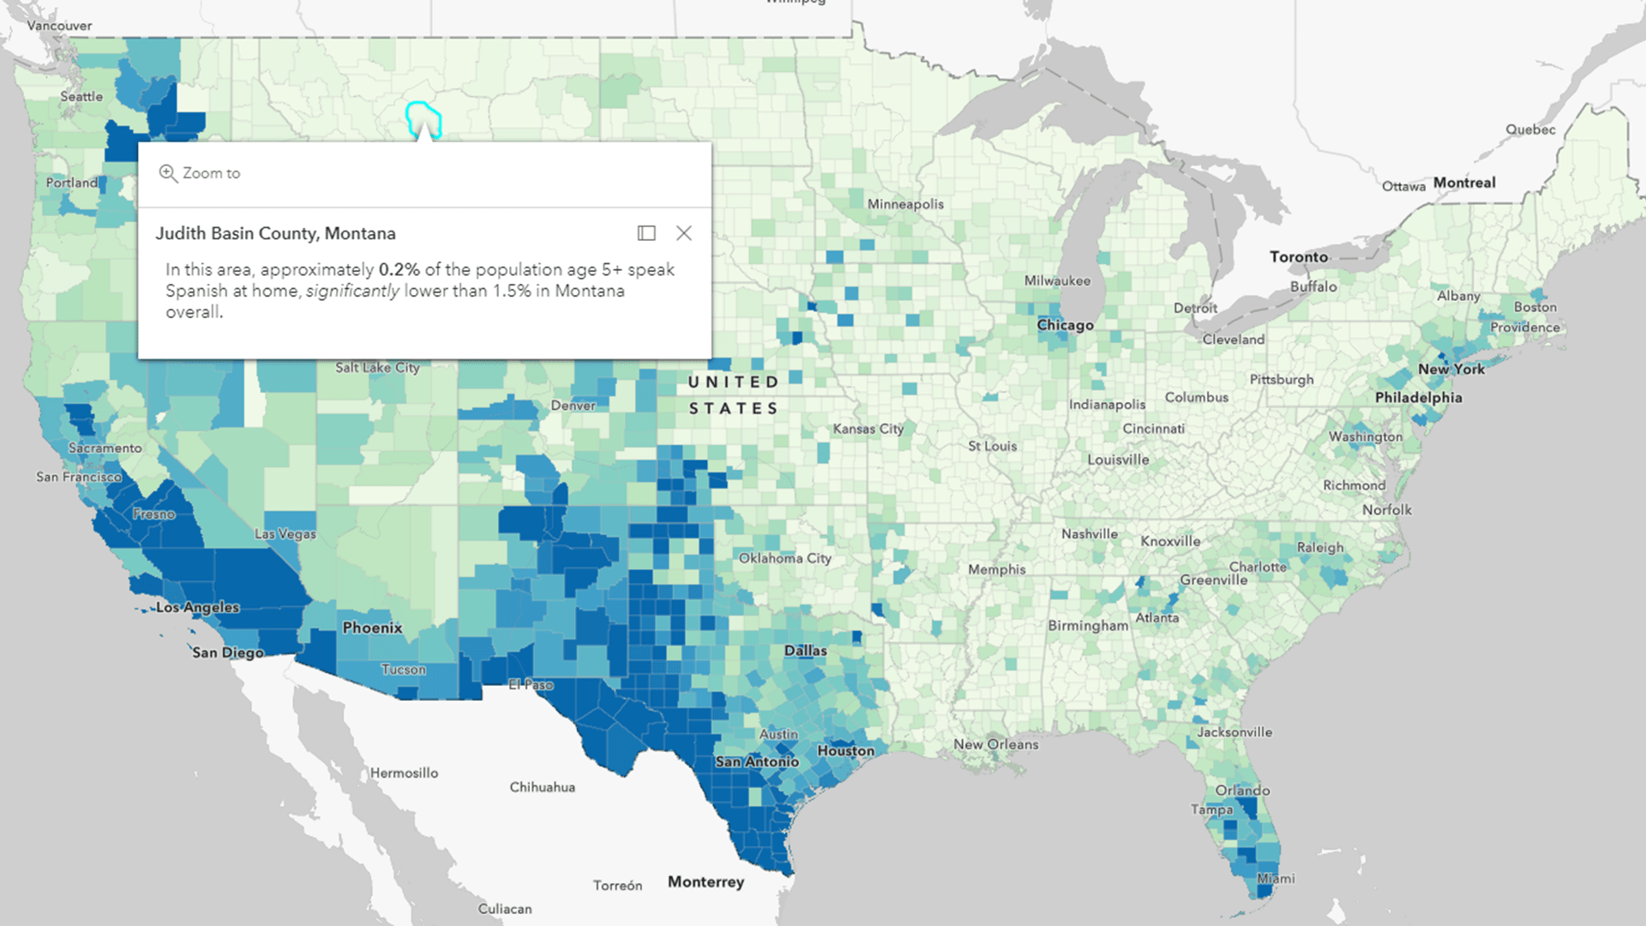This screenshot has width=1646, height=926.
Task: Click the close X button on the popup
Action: point(683,233)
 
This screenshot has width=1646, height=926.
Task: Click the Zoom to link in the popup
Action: point(201,173)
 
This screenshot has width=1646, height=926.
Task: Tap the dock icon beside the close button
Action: point(646,233)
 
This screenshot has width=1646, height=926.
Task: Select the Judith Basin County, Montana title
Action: point(275,233)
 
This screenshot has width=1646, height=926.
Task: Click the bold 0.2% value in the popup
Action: point(399,269)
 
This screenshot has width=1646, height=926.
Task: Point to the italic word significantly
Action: point(352,291)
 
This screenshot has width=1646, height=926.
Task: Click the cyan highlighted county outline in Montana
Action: point(423,117)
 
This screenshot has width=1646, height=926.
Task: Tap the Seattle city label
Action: point(81,97)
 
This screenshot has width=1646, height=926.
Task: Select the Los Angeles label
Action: point(198,607)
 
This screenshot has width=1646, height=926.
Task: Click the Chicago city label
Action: point(1065,325)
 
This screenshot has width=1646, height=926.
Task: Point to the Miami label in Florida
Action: point(1276,878)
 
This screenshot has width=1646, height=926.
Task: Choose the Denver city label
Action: point(573,406)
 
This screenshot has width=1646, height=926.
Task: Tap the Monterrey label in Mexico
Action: point(706,881)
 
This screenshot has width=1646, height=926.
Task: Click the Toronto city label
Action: point(1298,256)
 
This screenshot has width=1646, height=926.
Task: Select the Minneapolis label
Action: point(905,204)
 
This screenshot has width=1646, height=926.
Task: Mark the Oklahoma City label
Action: point(784,558)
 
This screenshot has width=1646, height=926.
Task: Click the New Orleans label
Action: point(995,744)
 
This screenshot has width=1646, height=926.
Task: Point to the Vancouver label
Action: point(59,26)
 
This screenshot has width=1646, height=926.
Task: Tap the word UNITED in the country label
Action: point(733,382)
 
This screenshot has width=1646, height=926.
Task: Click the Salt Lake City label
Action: point(377,368)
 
